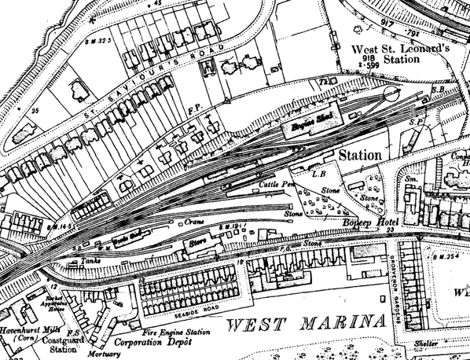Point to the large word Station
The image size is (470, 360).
click(x=360, y=156)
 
